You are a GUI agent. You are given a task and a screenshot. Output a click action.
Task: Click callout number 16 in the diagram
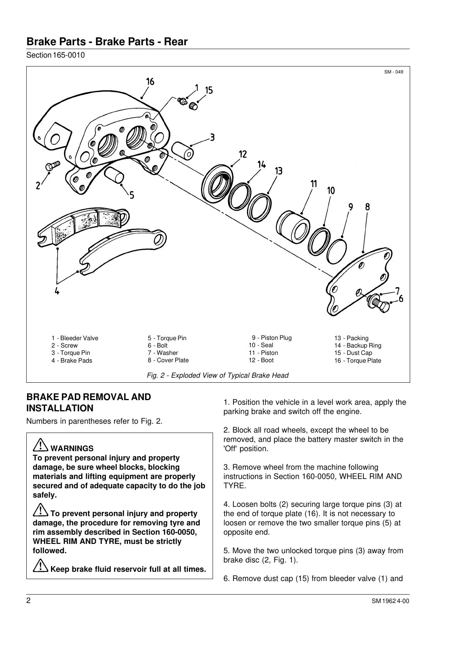coord(150,82)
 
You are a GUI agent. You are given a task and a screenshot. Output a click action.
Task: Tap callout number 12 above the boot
coord(242,155)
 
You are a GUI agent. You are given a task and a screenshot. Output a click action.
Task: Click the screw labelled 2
coord(51,167)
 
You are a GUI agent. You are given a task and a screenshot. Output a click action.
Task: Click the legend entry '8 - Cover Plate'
coord(168,360)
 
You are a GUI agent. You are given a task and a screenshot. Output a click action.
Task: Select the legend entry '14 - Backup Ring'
coord(358,346)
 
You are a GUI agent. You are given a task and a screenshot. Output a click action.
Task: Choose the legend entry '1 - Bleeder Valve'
coord(75,338)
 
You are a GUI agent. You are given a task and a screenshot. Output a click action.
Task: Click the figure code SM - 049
coord(394,72)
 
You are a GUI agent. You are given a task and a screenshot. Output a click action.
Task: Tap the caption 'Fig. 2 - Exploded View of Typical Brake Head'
coord(218,375)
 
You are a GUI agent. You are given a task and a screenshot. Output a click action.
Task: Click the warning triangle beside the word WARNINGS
coord(40,446)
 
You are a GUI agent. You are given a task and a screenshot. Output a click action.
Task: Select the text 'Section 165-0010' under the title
coord(55,55)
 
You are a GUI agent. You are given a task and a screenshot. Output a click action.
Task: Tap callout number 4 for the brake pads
coord(57,291)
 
